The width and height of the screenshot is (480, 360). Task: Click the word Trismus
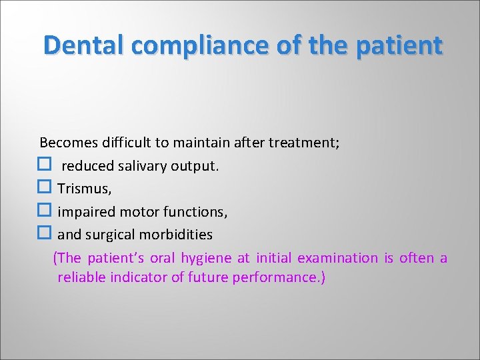coord(85,189)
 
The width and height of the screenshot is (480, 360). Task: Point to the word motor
coord(134,212)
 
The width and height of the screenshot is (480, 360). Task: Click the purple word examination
coord(337,258)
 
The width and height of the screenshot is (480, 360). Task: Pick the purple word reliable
coord(79,277)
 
